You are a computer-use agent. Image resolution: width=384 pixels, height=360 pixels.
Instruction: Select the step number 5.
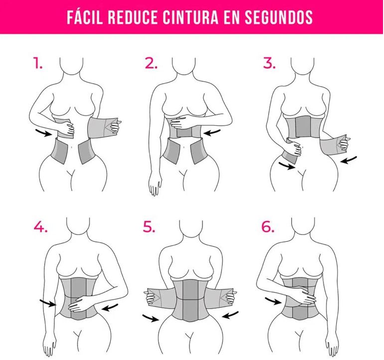pyautogui.click(x=149, y=227)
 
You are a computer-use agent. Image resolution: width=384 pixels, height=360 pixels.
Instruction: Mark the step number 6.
pyautogui.click(x=268, y=227)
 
